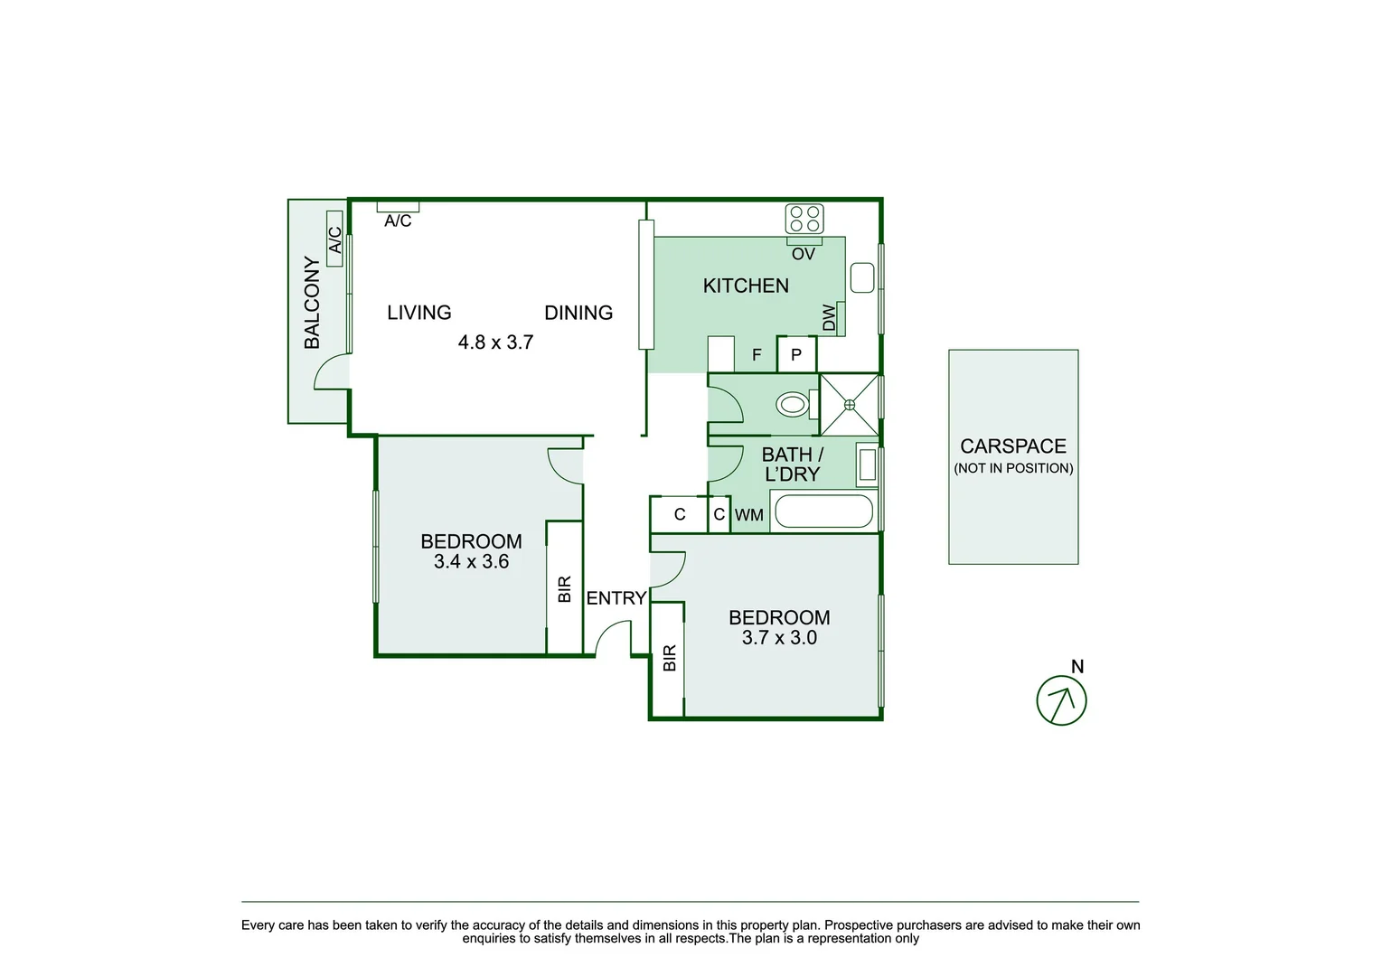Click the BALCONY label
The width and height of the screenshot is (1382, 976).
click(312, 303)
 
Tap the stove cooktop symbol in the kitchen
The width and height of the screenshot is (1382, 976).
click(804, 219)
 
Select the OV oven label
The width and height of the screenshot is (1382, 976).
click(804, 255)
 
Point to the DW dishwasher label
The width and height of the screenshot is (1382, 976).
click(830, 317)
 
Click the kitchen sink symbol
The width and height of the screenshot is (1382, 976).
click(861, 277)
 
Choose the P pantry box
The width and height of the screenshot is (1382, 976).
click(796, 354)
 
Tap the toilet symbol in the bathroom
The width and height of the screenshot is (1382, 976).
click(793, 404)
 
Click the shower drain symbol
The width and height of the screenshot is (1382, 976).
click(850, 405)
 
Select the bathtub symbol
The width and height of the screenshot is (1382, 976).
click(824, 511)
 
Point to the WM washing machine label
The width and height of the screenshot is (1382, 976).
click(749, 515)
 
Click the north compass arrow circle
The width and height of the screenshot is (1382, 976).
click(1061, 700)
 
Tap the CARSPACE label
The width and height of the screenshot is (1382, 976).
click(1013, 446)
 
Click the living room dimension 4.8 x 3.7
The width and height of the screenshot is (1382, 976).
click(495, 343)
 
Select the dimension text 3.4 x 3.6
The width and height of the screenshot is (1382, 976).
click(471, 562)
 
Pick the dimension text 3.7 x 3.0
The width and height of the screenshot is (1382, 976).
click(779, 638)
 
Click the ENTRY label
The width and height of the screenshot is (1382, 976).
click(616, 598)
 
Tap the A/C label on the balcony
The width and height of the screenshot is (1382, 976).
click(334, 239)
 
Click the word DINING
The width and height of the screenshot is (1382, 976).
click(578, 313)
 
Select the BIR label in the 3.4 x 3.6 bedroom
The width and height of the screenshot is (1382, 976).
click(565, 589)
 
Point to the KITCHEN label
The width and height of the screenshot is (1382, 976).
click(746, 286)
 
